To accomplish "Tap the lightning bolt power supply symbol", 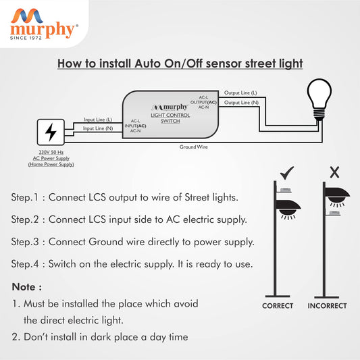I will [51, 132].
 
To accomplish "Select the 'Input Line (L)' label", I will [98, 119].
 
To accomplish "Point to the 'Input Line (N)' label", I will [98, 128].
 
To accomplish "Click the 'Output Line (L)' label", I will [240, 93].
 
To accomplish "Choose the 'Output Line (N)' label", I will [240, 102].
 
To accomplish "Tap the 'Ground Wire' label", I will [193, 147].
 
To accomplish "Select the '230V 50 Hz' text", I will [51, 153].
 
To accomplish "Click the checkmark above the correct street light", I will [286, 172].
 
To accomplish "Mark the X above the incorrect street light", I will [332, 172].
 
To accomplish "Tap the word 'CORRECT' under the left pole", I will [278, 306].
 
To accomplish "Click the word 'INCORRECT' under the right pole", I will [327, 306].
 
